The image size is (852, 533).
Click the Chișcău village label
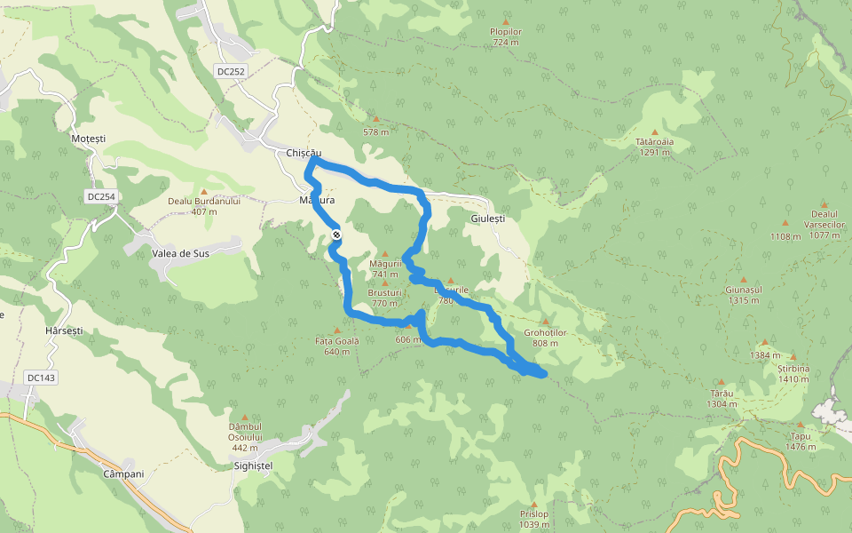(x=304, y=154)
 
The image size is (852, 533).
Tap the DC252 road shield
(x=230, y=71)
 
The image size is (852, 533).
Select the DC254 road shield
(x=102, y=196)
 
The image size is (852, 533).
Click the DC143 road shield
(x=41, y=378)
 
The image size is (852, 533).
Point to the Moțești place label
(x=88, y=139)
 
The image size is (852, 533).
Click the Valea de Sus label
(x=180, y=253)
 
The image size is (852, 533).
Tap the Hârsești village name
(x=63, y=330)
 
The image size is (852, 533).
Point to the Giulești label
(x=487, y=219)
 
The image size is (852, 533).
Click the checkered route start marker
(x=337, y=235)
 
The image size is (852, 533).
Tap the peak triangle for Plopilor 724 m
(x=506, y=21)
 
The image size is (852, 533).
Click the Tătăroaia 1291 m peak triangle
(x=655, y=131)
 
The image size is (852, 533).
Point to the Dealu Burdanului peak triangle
(x=204, y=191)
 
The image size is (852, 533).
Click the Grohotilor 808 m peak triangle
(x=546, y=322)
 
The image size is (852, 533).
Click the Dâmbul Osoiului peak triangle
(x=245, y=417)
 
